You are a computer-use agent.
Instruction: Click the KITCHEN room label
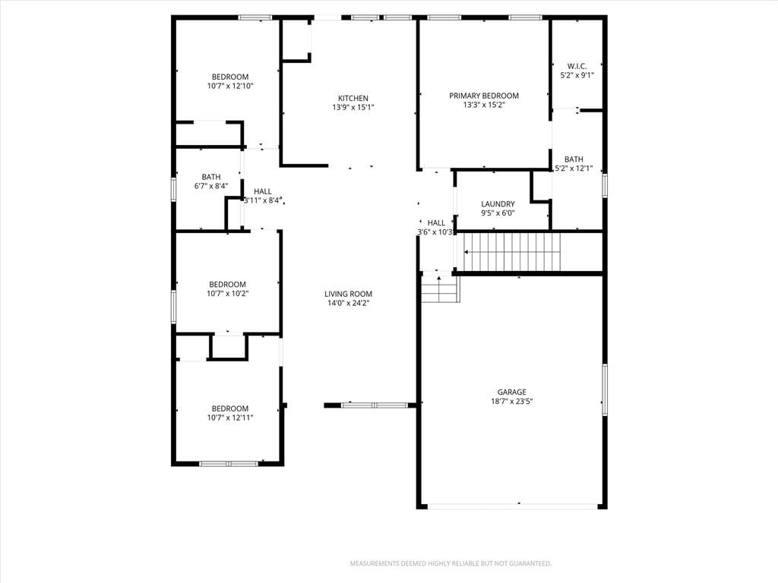353,98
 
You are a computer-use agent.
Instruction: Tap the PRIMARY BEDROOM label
484,96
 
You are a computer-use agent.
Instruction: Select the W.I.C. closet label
577,66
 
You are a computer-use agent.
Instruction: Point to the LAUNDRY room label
498,203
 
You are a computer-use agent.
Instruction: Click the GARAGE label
511,392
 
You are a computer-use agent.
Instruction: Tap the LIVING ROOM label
348,294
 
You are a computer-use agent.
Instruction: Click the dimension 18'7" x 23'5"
511,402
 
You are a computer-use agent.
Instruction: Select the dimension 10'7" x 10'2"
228,294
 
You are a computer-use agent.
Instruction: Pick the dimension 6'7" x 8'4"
211,187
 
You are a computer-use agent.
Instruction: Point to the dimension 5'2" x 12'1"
574,169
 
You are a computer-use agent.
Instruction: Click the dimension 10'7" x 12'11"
230,418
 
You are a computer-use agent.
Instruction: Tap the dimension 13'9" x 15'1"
353,108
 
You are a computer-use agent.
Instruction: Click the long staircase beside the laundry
511,252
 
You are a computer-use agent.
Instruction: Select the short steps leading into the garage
440,289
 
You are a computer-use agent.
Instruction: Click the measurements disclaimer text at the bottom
451,564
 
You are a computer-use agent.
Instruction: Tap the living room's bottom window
375,405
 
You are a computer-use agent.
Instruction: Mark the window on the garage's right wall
604,389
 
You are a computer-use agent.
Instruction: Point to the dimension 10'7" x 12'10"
230,87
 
